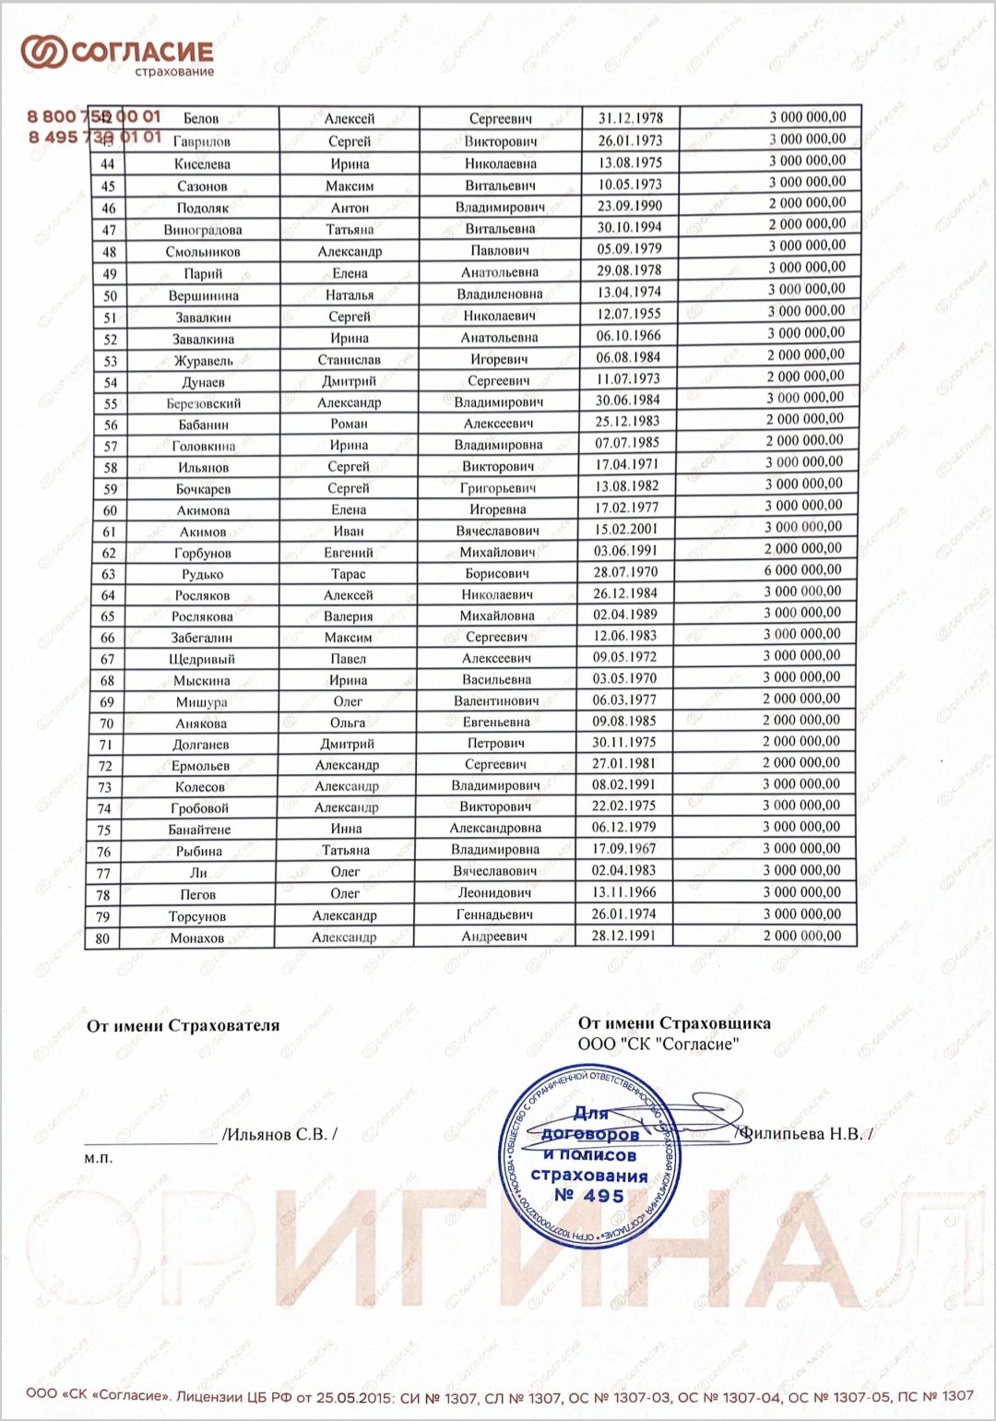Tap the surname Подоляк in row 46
[x=202, y=208]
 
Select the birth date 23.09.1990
[x=629, y=206]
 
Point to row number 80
[x=102, y=938]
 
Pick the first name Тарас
[x=349, y=574]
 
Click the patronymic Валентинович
[x=496, y=701]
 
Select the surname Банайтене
[x=199, y=830]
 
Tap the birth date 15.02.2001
[x=625, y=530]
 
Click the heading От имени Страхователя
[x=183, y=1026]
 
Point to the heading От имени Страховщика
[x=674, y=1023]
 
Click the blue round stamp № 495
[x=588, y=1157]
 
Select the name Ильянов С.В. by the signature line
[x=279, y=1134]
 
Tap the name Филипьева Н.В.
[x=803, y=1134]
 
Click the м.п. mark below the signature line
[x=98, y=1158]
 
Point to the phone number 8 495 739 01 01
[x=94, y=137]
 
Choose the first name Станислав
[x=350, y=360]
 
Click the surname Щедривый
[x=202, y=660]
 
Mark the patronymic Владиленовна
[x=499, y=294]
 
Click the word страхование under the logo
[x=174, y=72]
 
